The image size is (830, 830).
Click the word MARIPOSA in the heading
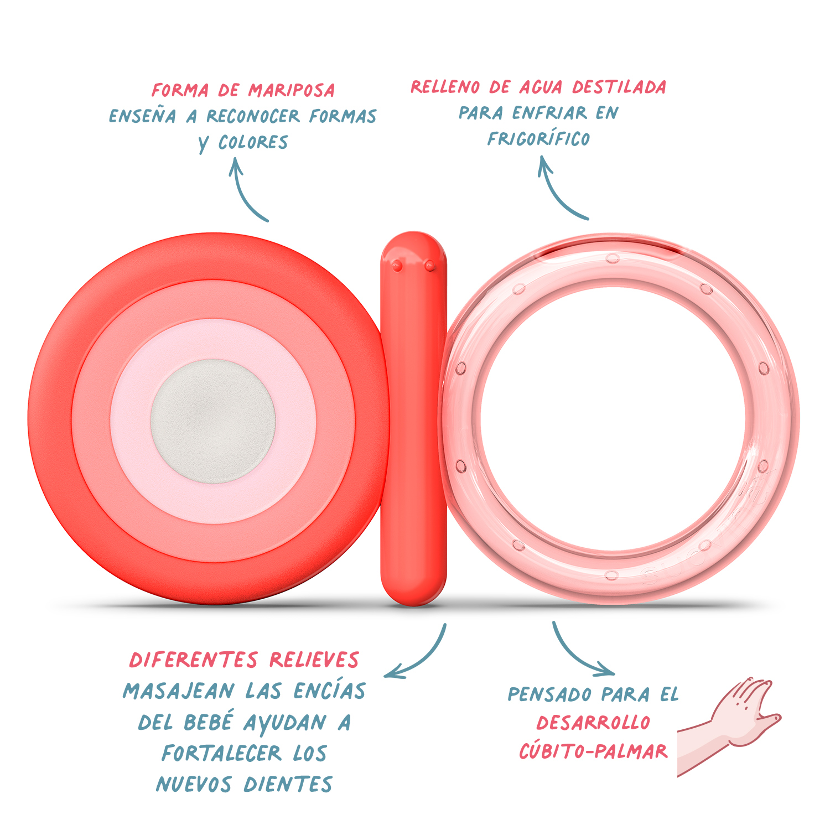tap(292, 90)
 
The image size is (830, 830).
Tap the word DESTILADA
tap(619, 87)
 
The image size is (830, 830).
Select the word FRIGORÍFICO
tap(538, 138)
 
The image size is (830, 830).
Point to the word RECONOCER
tap(253, 116)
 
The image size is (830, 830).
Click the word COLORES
tap(253, 142)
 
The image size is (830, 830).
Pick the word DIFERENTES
tap(194, 660)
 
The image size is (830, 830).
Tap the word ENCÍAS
tap(330, 691)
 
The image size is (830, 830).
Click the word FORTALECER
tap(221, 753)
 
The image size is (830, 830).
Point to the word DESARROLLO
tap(593, 723)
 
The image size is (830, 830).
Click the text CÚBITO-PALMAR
tap(593, 751)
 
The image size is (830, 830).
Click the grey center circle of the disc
tap(213, 421)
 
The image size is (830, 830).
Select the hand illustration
tap(729, 727)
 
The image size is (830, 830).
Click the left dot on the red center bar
tap(397, 266)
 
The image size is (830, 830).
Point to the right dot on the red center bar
tap(430, 266)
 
